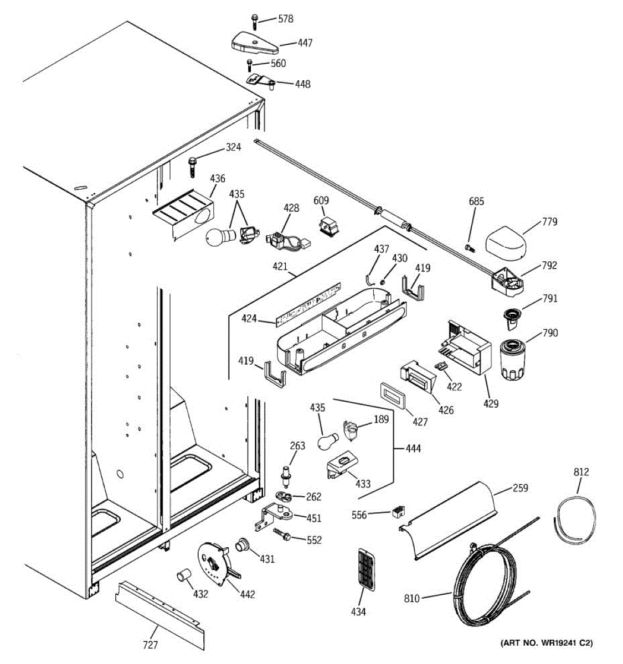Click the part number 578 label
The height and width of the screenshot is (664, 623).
coord(286,19)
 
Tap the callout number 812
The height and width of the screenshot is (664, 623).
coord(581,472)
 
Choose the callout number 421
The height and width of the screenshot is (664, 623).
coord(280,267)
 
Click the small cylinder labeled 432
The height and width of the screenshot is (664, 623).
coord(183,577)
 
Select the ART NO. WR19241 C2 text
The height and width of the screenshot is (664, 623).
coord(546,643)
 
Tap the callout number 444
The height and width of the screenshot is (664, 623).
coord(413,448)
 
